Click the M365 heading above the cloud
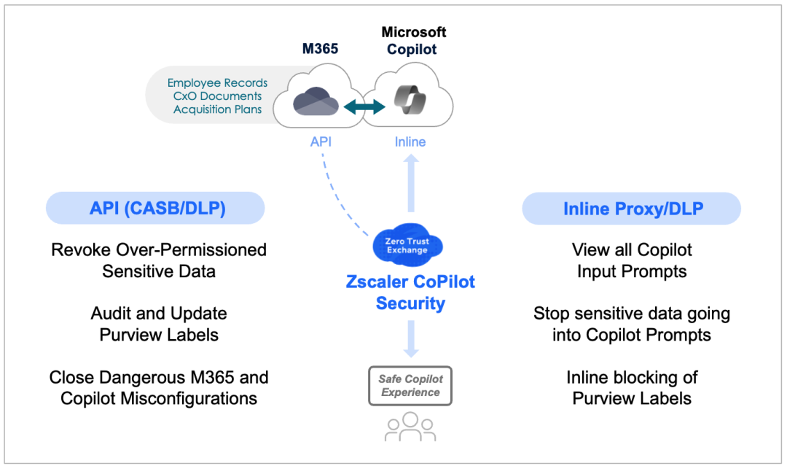(x=321, y=49)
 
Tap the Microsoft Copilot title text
(x=414, y=41)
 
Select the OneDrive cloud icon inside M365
(x=316, y=102)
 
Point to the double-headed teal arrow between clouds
(x=364, y=107)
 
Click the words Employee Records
(x=217, y=83)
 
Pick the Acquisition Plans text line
(x=217, y=109)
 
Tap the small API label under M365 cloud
(x=321, y=142)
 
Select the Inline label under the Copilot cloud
(x=410, y=142)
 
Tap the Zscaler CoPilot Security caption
(x=410, y=292)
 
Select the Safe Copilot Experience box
(x=410, y=386)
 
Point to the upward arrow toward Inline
(x=410, y=186)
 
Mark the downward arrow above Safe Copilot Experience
(x=410, y=339)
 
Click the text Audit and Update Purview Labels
(x=159, y=324)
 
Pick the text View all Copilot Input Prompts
(x=632, y=260)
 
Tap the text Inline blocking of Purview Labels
(x=632, y=387)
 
